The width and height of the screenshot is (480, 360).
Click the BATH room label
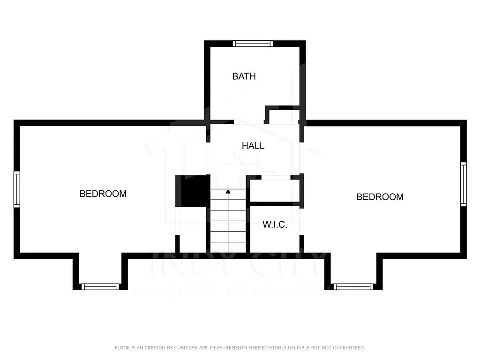[244, 76]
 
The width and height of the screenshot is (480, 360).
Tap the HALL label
[253, 146]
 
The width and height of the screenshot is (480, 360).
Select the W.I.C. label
[275, 225]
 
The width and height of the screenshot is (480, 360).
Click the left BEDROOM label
[103, 194]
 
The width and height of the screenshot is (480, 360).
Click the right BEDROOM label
[380, 197]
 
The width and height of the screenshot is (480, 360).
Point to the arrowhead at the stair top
[228, 191]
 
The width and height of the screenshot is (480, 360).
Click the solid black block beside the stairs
[193, 190]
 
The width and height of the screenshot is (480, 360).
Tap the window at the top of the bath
[253, 44]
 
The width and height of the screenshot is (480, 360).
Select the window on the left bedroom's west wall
[17, 189]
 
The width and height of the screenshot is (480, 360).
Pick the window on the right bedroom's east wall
[463, 184]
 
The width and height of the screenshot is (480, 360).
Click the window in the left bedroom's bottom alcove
[100, 286]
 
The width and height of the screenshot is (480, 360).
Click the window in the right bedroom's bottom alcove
[353, 286]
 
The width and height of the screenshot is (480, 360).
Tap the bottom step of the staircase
[228, 247]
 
